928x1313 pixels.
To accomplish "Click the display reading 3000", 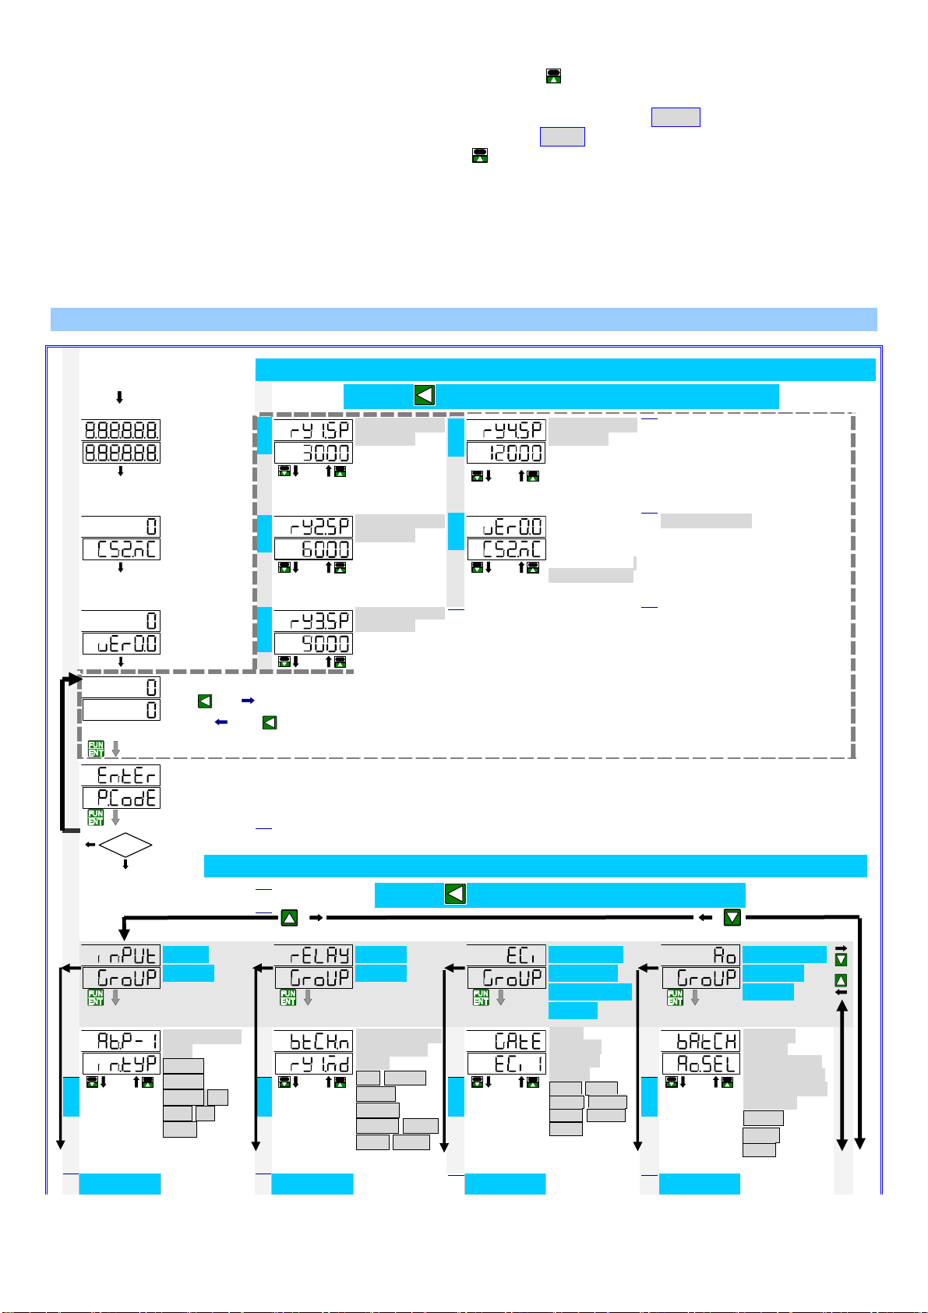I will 313,454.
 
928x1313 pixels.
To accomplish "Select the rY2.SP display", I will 313,526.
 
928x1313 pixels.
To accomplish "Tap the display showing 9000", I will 313,644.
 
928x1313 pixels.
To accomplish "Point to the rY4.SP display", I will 506,431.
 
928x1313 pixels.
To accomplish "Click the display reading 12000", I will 506,454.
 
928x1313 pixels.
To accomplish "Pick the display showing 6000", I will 313,549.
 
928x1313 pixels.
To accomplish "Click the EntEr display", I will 122,775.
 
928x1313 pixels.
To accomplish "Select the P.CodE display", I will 122,798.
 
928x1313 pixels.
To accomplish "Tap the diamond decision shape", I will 125,845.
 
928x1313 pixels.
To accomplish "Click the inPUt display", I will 121,955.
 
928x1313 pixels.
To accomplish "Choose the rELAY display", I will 313,955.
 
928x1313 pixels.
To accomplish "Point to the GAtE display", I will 506,1041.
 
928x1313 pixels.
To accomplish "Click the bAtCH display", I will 700,1041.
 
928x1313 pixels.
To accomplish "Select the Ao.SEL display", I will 700,1064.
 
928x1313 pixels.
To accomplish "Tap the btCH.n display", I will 313,1041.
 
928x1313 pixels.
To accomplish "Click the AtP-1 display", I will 122,1041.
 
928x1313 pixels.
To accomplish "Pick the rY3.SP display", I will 313,621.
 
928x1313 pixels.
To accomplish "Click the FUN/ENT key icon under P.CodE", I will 96,817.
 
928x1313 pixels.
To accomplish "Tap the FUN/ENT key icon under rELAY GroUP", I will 288,997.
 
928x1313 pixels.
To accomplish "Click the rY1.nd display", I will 313,1064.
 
